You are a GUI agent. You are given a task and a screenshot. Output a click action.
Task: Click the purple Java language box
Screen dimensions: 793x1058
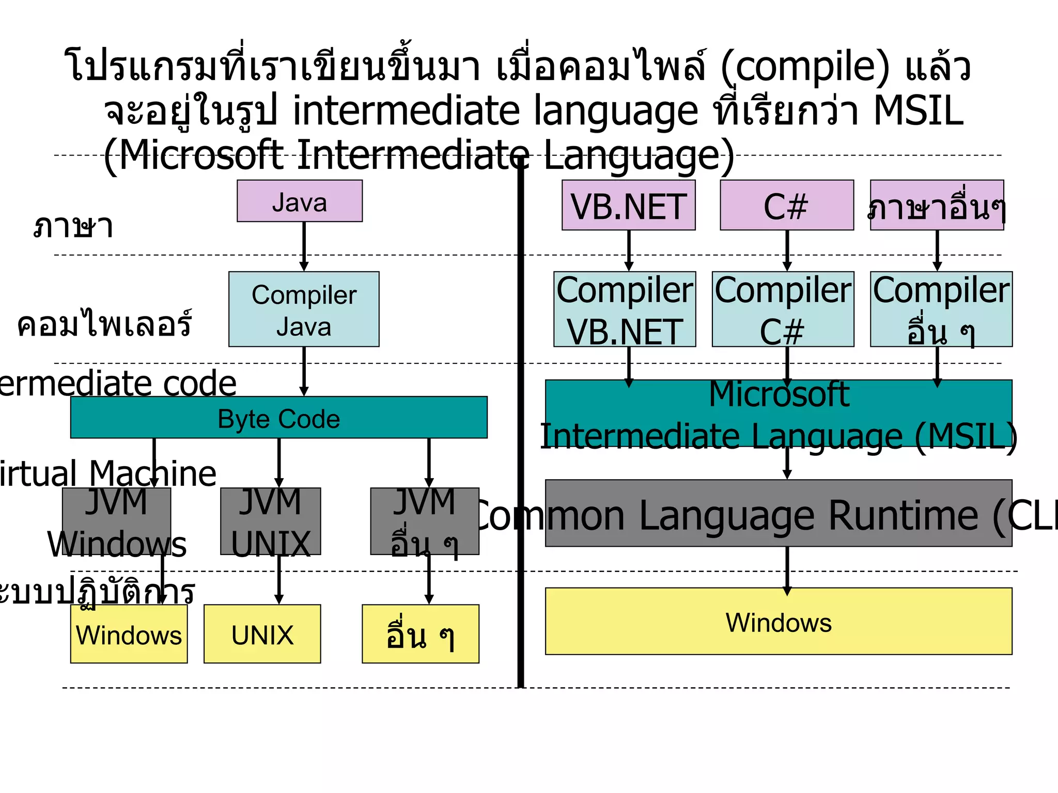click(x=300, y=201)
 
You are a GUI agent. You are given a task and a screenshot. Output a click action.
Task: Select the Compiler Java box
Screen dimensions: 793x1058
click(x=304, y=309)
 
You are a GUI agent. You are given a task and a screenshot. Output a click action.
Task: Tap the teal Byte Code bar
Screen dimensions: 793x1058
click(x=279, y=418)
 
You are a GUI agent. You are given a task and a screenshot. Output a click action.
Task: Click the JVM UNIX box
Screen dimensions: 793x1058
click(x=271, y=521)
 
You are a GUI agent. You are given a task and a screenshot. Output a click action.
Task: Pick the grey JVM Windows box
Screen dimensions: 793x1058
click(x=116, y=521)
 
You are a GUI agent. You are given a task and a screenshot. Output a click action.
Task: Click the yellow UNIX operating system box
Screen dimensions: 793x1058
click(x=262, y=634)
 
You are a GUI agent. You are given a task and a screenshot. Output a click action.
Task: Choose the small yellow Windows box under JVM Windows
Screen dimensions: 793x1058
click(x=129, y=634)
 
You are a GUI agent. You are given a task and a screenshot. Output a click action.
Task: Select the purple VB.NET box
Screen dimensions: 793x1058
click(x=629, y=205)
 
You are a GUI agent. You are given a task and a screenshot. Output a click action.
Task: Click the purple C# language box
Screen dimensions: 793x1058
click(x=787, y=205)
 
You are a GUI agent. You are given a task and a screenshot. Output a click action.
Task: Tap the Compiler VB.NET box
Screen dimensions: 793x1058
click(x=625, y=309)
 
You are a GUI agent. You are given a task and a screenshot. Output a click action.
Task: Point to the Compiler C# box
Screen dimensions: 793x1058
click(x=783, y=309)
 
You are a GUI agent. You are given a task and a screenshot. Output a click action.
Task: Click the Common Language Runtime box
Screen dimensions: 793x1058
click(x=779, y=513)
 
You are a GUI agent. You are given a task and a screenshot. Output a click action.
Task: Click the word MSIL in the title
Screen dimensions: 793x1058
click(x=918, y=110)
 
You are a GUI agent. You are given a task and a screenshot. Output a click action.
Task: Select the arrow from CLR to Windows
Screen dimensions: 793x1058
click(x=787, y=568)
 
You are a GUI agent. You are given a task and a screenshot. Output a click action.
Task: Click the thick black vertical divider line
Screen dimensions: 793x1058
click(x=521, y=423)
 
